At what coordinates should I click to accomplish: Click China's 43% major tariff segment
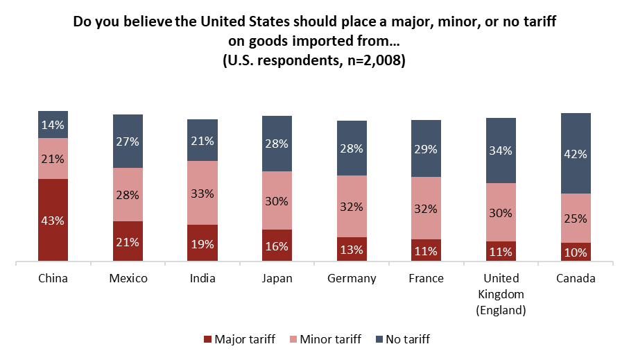(53, 220)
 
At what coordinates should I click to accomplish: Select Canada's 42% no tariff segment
(575, 153)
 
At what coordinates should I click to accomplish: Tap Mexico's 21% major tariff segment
(128, 241)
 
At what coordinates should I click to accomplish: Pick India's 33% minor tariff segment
(203, 193)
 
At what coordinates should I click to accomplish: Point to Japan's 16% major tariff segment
(277, 246)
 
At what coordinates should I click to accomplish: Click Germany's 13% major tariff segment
(352, 249)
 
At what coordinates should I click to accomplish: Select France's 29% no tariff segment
(426, 148)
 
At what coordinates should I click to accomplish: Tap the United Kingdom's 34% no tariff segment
(501, 151)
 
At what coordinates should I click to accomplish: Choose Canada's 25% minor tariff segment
(575, 218)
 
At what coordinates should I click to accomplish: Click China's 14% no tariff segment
(53, 125)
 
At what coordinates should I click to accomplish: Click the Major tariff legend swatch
(208, 339)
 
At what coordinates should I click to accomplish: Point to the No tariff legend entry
(402, 339)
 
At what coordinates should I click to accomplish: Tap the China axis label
(53, 279)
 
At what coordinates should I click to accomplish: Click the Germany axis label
(352, 279)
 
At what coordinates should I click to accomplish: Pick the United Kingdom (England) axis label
(501, 294)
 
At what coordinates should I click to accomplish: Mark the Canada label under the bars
(575, 279)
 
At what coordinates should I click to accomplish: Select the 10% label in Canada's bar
(575, 252)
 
